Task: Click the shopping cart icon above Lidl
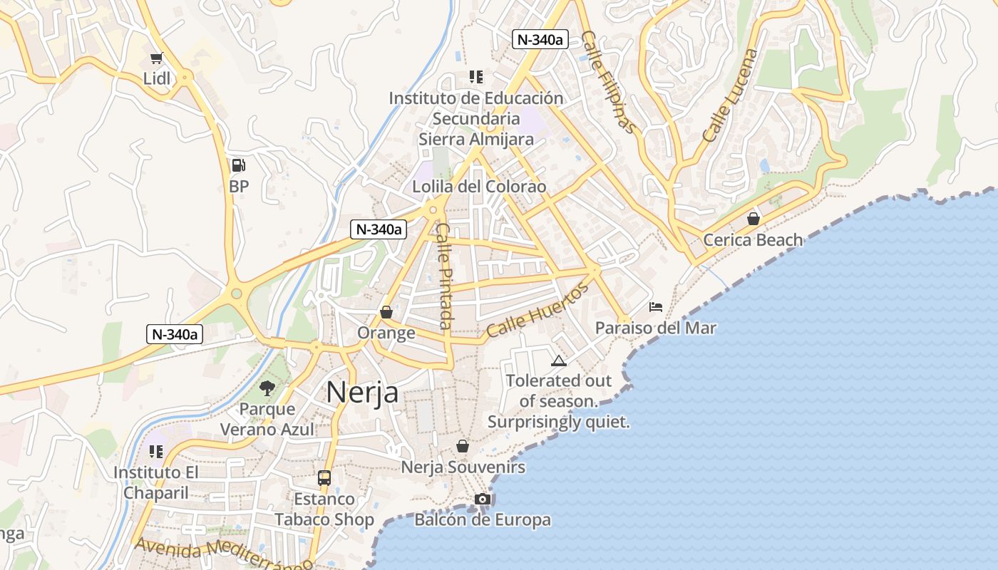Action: pyautogui.click(x=156, y=58)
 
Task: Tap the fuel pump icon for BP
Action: pyautogui.click(x=238, y=166)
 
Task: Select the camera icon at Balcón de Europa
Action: pyautogui.click(x=483, y=499)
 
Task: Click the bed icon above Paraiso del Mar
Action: pyautogui.click(x=656, y=307)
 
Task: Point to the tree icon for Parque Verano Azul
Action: pyautogui.click(x=267, y=388)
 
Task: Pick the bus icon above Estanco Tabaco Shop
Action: pyautogui.click(x=324, y=477)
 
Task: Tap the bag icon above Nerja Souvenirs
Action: pyautogui.click(x=463, y=446)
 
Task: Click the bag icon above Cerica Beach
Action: pyautogui.click(x=753, y=219)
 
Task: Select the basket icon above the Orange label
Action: pyautogui.click(x=386, y=312)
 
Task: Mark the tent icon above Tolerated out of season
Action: pyautogui.click(x=558, y=361)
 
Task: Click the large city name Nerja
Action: pyautogui.click(x=362, y=392)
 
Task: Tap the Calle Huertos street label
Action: pyautogui.click(x=538, y=309)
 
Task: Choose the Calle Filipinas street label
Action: pyautogui.click(x=608, y=81)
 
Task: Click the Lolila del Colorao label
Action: pyautogui.click(x=479, y=187)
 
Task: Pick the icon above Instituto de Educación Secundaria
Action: pyautogui.click(x=475, y=77)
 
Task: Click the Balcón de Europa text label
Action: pyautogui.click(x=483, y=520)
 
